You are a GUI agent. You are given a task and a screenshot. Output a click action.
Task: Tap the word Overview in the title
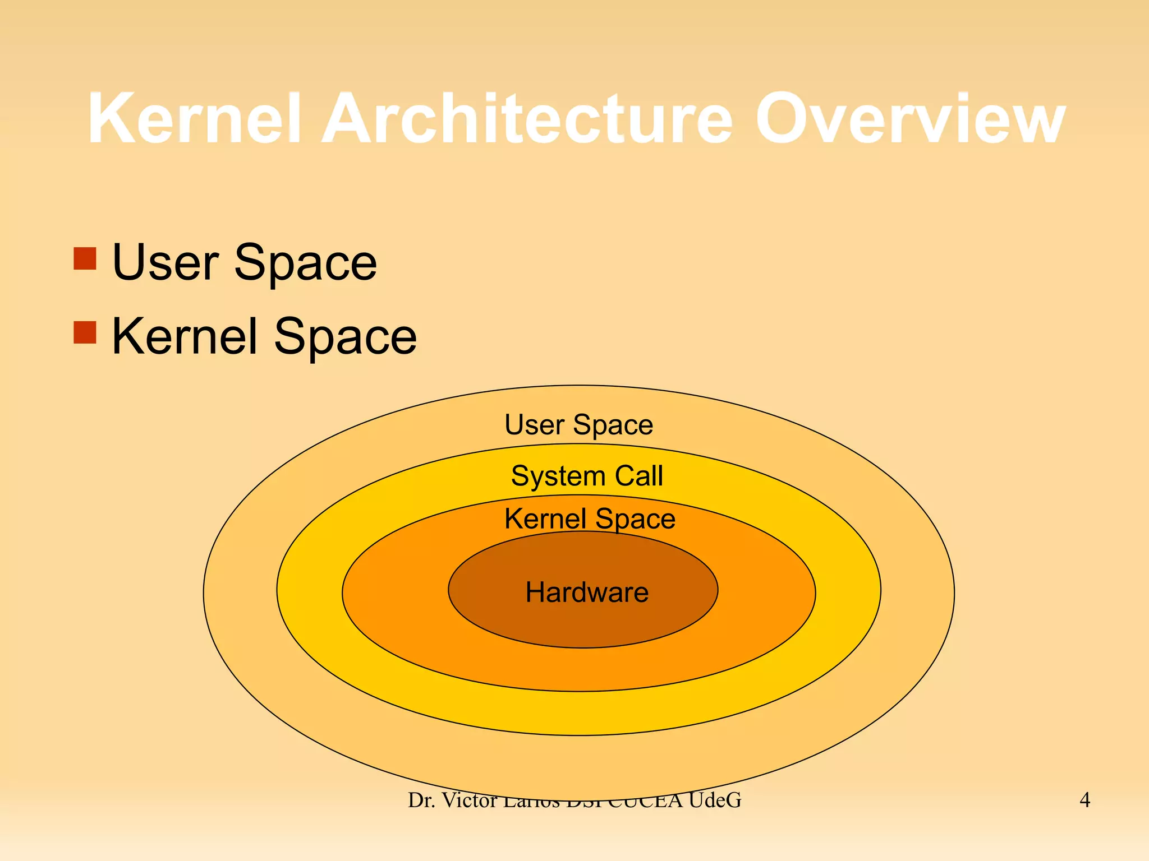coord(910,119)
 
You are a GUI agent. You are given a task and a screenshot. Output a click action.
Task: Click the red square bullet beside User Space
coord(85,258)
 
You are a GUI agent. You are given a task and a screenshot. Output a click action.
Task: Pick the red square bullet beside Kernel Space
coord(85,332)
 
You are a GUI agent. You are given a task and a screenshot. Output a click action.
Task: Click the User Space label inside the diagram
coord(578,425)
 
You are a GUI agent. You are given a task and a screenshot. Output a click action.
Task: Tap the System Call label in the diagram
coord(587,476)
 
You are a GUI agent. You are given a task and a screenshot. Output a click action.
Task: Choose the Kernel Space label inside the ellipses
coord(590,519)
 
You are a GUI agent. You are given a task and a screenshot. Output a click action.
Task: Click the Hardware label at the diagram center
coord(587,592)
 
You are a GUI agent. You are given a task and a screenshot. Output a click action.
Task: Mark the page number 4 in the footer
coord(1084,800)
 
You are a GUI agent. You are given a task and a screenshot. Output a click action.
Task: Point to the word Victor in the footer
coord(470,800)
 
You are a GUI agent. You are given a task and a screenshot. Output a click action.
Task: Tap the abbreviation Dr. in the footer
coord(420,800)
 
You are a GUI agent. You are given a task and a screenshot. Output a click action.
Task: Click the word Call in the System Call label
coord(639,476)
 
